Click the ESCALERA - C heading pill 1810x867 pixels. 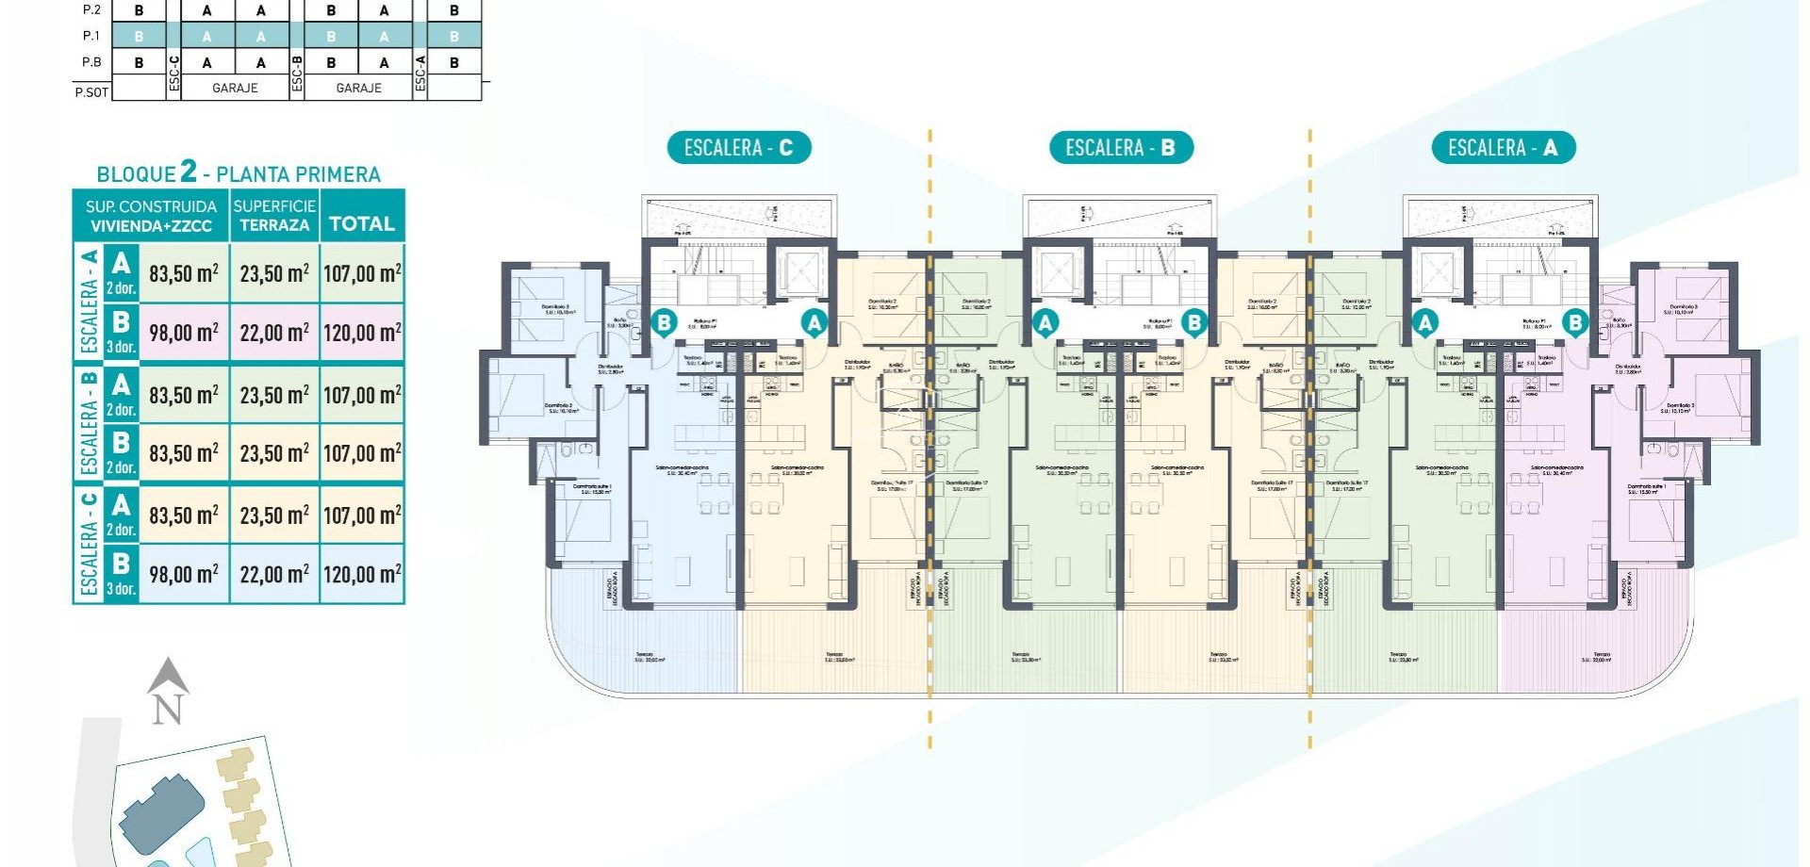click(739, 148)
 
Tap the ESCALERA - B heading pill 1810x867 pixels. click(1120, 148)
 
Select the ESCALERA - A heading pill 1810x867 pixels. click(1503, 148)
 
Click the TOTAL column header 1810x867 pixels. click(362, 223)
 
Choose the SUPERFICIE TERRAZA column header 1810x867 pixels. click(274, 216)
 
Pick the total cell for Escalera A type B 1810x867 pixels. click(362, 333)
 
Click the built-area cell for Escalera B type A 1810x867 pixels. click(184, 395)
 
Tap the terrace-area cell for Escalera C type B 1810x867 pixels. click(274, 574)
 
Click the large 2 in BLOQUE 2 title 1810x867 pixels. click(189, 172)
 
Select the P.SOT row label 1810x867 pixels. click(91, 91)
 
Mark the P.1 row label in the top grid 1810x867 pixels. click(91, 36)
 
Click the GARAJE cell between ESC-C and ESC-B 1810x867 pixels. click(235, 88)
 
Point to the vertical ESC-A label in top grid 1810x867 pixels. click(420, 75)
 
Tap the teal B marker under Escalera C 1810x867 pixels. click(664, 323)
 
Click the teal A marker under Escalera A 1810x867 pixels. click(1425, 323)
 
